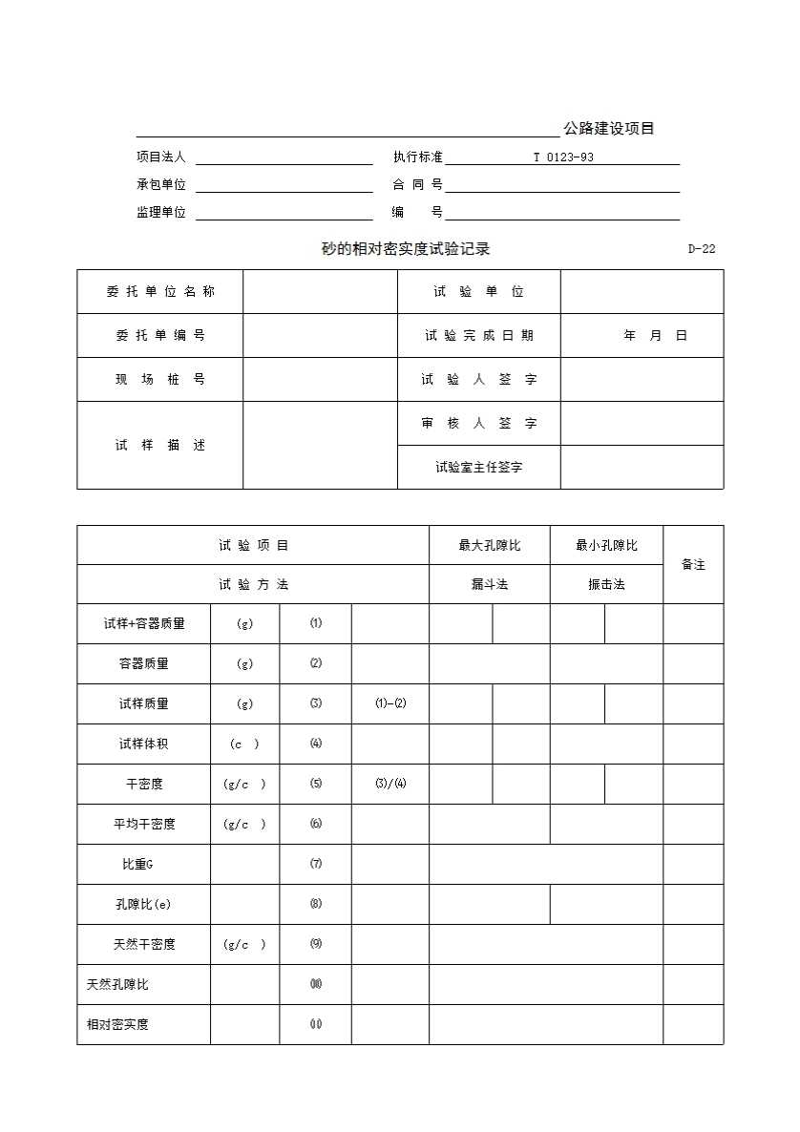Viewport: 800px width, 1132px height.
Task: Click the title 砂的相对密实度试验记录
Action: [406, 249]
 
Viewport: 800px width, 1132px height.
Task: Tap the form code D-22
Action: [702, 249]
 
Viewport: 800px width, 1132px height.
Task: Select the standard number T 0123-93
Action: [563, 157]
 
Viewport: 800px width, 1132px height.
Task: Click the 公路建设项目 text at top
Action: [608, 129]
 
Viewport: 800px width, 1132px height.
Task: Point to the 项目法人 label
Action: [160, 157]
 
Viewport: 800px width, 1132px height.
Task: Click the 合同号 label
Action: [417, 185]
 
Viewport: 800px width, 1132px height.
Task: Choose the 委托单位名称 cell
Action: [160, 292]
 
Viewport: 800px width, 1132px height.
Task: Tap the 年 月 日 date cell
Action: [655, 336]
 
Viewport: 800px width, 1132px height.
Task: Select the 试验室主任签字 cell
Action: [478, 468]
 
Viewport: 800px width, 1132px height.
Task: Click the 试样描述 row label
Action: [160, 446]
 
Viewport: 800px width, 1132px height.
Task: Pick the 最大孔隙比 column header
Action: [490, 546]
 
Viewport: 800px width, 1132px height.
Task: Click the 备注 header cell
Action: [693, 565]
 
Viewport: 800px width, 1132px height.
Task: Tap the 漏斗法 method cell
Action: [490, 585]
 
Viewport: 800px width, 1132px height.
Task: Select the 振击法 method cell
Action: [606, 585]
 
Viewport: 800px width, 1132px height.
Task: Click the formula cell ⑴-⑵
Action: [390, 704]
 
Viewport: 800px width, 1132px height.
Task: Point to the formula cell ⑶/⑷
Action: [390, 785]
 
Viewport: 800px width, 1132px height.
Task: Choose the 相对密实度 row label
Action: [117, 1025]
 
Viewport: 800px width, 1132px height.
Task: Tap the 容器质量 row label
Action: [144, 664]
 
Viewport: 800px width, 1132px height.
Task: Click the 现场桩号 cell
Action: [160, 380]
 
